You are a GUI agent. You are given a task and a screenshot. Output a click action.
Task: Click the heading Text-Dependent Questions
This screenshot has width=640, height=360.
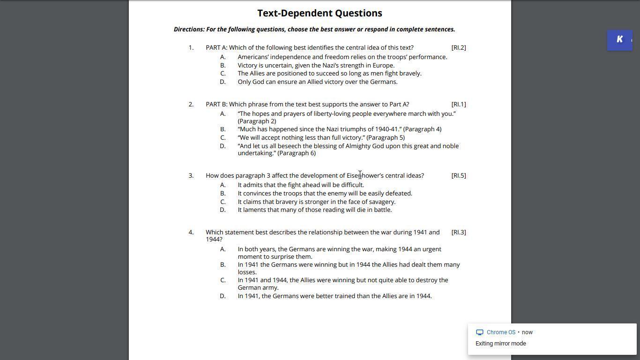(320, 13)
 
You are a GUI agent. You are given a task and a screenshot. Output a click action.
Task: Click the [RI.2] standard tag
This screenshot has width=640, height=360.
(458, 47)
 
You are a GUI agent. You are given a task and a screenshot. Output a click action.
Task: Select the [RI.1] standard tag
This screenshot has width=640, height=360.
(458, 104)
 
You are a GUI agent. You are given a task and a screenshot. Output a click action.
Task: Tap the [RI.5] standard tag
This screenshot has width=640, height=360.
(458, 175)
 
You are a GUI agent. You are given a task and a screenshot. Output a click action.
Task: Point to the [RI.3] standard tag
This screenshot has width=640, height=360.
(458, 232)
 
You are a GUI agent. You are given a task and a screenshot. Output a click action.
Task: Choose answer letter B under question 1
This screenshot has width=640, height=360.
(223, 65)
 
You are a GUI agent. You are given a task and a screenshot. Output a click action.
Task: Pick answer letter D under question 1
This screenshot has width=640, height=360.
(223, 82)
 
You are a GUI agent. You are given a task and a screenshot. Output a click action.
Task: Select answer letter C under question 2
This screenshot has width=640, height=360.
(223, 137)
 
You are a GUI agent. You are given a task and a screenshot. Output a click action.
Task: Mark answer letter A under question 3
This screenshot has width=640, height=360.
(223, 185)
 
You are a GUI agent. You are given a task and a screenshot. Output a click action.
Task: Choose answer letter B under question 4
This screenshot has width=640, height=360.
(223, 264)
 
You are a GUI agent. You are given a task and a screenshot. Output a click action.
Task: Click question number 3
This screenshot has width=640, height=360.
(191, 175)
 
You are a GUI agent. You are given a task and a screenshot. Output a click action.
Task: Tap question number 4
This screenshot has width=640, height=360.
(191, 232)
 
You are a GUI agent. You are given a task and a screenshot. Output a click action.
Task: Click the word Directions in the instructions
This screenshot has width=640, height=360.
(189, 29)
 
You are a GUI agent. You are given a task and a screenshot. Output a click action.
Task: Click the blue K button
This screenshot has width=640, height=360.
(619, 40)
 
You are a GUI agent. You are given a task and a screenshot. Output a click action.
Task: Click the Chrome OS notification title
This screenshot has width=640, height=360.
(500, 332)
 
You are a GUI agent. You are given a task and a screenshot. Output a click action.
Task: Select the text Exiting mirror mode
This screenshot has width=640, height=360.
(500, 344)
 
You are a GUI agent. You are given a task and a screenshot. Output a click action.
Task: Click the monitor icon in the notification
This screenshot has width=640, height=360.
(479, 332)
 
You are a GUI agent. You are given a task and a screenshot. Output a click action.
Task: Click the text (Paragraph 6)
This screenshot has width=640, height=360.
(297, 153)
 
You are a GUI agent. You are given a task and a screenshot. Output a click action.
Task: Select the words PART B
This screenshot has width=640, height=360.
(216, 104)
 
